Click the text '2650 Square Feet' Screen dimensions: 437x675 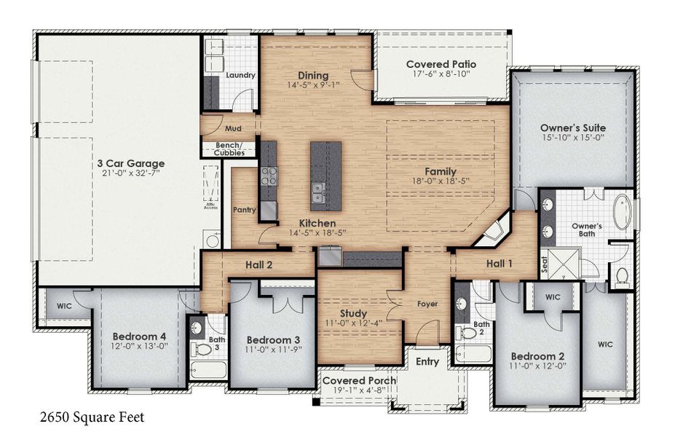(x=91, y=418)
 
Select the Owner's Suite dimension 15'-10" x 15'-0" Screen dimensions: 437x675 (x=573, y=139)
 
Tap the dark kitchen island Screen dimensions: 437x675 (x=325, y=176)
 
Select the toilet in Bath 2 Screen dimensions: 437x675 (x=465, y=334)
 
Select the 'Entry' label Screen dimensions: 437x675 (x=427, y=362)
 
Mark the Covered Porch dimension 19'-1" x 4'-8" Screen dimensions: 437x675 (x=360, y=391)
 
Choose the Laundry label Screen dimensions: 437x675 (x=240, y=76)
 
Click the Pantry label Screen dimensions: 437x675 (x=244, y=210)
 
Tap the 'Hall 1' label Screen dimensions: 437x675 (x=500, y=264)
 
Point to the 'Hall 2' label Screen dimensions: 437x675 (x=258, y=265)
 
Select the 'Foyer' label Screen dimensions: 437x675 (x=427, y=304)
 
